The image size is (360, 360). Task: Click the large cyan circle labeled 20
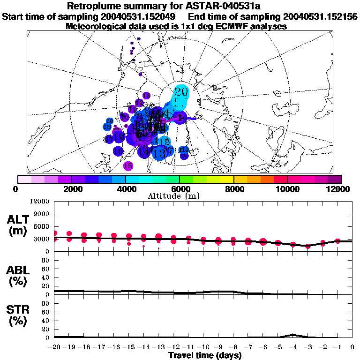point(181,92)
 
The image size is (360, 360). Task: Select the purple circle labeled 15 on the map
point(128,165)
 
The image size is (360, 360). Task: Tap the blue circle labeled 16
point(118,151)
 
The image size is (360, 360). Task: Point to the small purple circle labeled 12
point(139,103)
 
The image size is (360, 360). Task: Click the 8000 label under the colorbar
point(233,189)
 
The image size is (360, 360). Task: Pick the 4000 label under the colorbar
point(125,189)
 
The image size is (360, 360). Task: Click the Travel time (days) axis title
point(205,355)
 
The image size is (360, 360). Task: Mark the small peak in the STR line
point(292,335)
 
